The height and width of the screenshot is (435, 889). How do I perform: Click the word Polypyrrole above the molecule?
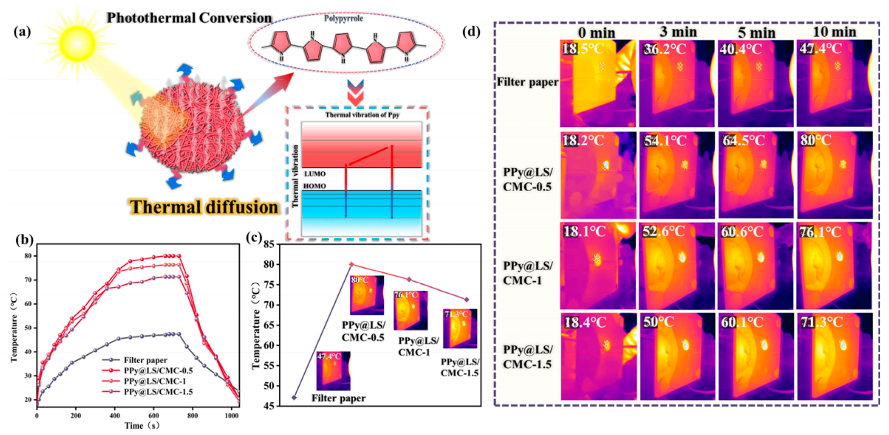pyautogui.click(x=343, y=19)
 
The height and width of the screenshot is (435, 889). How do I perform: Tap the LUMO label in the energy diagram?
pyautogui.click(x=315, y=174)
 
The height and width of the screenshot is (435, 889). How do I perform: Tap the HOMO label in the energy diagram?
pyautogui.click(x=314, y=186)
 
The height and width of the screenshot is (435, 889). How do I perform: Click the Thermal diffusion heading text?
pyautogui.click(x=204, y=207)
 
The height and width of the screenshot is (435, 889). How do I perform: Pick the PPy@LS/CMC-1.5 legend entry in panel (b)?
pyautogui.click(x=158, y=392)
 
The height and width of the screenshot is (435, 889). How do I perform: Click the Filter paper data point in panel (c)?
pyautogui.click(x=294, y=397)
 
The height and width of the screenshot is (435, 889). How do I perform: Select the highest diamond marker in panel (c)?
pyautogui.click(x=352, y=264)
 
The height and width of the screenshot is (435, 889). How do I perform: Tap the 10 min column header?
pyautogui.click(x=834, y=32)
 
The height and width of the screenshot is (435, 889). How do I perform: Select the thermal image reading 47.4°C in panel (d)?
pyautogui.click(x=834, y=83)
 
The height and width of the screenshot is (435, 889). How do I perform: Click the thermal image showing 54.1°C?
pyautogui.click(x=677, y=175)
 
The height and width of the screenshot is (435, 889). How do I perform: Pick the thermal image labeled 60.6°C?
pyautogui.click(x=756, y=266)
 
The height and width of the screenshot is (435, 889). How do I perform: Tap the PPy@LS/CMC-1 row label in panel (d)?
pyautogui.click(x=528, y=273)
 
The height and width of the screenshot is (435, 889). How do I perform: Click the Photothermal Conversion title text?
pyautogui.click(x=189, y=18)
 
